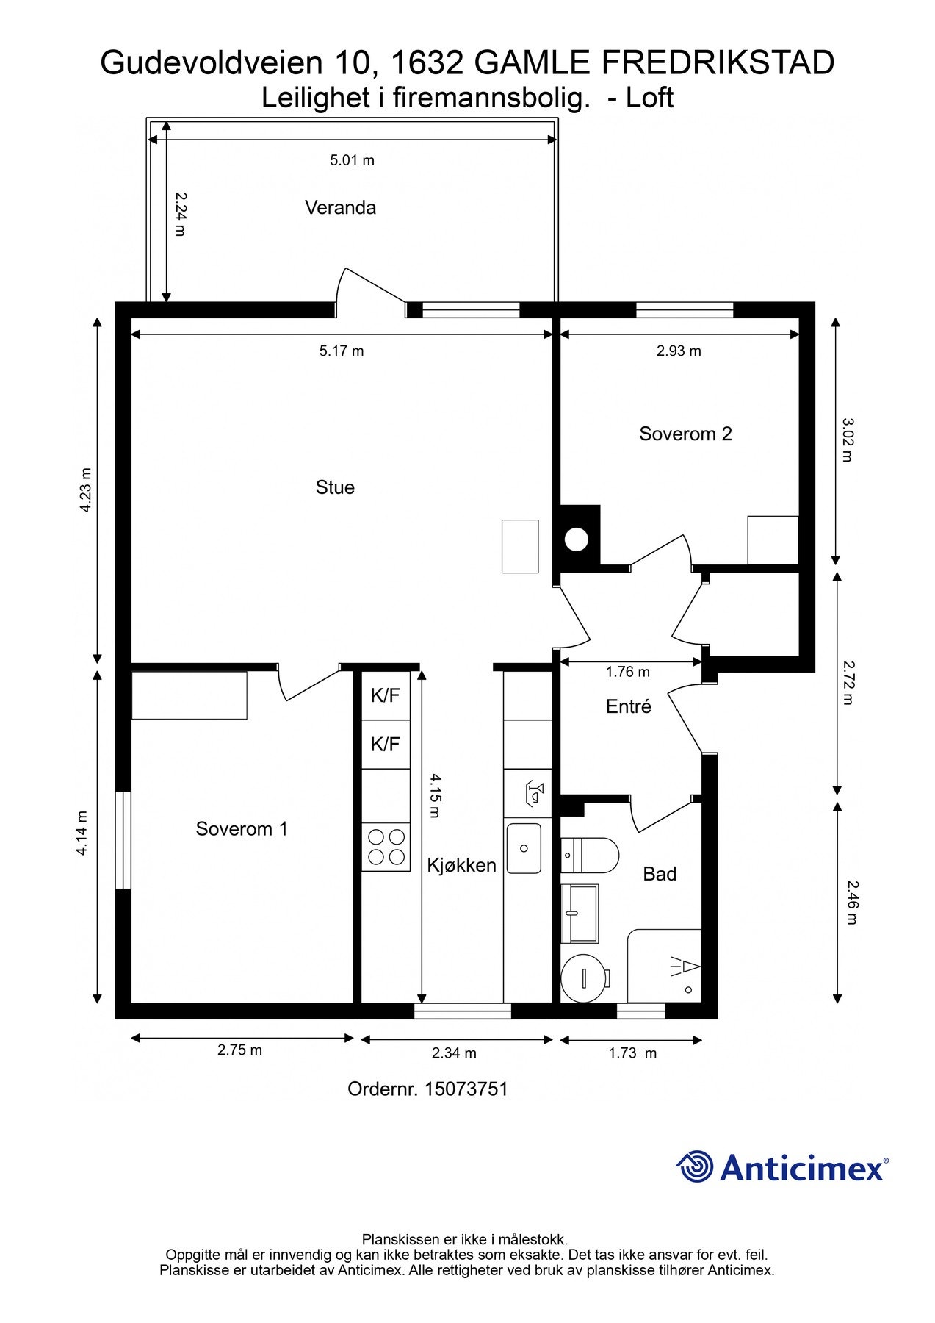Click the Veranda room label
coord(340,208)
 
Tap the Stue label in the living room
coord(335,488)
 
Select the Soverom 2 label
coord(685,434)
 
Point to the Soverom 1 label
coord(242,829)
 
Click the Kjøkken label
coord(462,866)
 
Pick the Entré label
coord(629,706)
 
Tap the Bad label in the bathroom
coord(660,874)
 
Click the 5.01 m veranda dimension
coord(353,160)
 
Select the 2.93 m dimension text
coord(679,351)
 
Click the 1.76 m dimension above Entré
coord(628,672)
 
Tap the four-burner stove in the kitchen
coord(386,847)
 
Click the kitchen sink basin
coord(524,848)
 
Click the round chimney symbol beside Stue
coord(577,539)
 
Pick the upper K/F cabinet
coord(386,695)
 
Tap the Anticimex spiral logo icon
coord(694,1166)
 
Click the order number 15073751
coord(466,1089)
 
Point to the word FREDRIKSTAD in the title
coord(718,63)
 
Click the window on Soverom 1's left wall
coord(123,840)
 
